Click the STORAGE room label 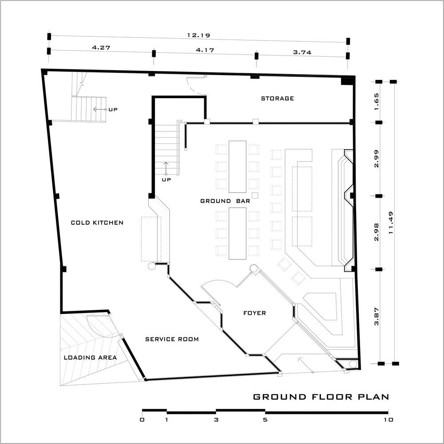tap(277, 99)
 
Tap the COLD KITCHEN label tap(97, 222)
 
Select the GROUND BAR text tap(225, 201)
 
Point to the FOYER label tap(254, 313)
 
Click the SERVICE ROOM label tap(172, 339)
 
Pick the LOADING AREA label tap(90, 357)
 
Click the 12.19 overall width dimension tap(198, 36)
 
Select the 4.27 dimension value tap(101, 48)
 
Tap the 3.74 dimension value tap(302, 52)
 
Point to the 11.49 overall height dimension tap(391, 223)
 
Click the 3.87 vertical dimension tap(377, 317)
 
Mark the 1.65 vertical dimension tap(377, 102)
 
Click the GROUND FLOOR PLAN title tap(321, 396)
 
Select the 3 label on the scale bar tap(216, 420)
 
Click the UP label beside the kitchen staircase tap(113, 110)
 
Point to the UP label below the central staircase tap(166, 179)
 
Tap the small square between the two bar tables tap(255, 195)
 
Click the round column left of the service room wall tap(152, 266)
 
